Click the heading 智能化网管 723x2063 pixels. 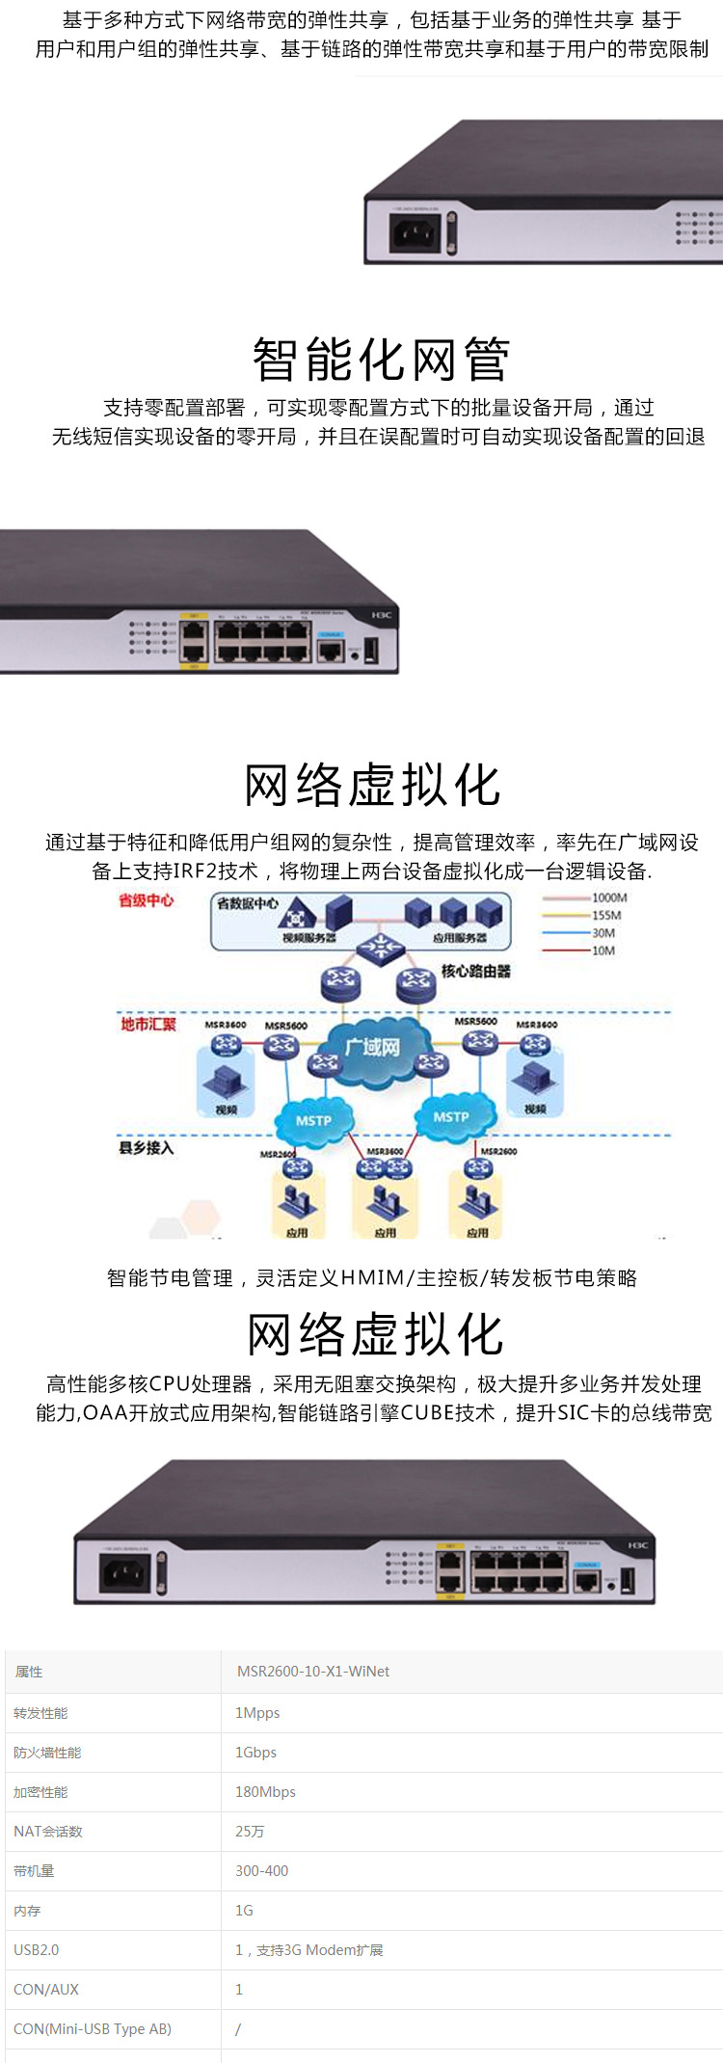coord(380,360)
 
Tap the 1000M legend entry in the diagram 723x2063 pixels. coord(608,898)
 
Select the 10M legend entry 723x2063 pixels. coord(602,951)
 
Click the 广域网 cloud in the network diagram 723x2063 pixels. coord(373,1046)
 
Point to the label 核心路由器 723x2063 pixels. coord(475,971)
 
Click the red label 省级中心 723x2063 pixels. coord(147,900)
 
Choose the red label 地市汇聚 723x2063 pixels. coord(148,1024)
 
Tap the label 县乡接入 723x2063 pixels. coord(147,1148)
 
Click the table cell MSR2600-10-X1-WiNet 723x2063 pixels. coord(313,1672)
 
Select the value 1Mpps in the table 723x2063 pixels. coord(257,1713)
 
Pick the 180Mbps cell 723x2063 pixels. coord(265,1792)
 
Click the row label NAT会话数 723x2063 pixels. coord(48,1832)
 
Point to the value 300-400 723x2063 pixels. coord(261,1871)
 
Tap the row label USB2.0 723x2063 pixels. coord(37,1950)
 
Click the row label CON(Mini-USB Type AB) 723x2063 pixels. coord(93,2029)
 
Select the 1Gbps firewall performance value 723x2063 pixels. coord(255,1753)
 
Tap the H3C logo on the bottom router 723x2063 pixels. coord(638,1545)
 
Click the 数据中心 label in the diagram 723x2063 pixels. coord(248,904)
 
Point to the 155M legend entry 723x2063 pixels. coord(606,916)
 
